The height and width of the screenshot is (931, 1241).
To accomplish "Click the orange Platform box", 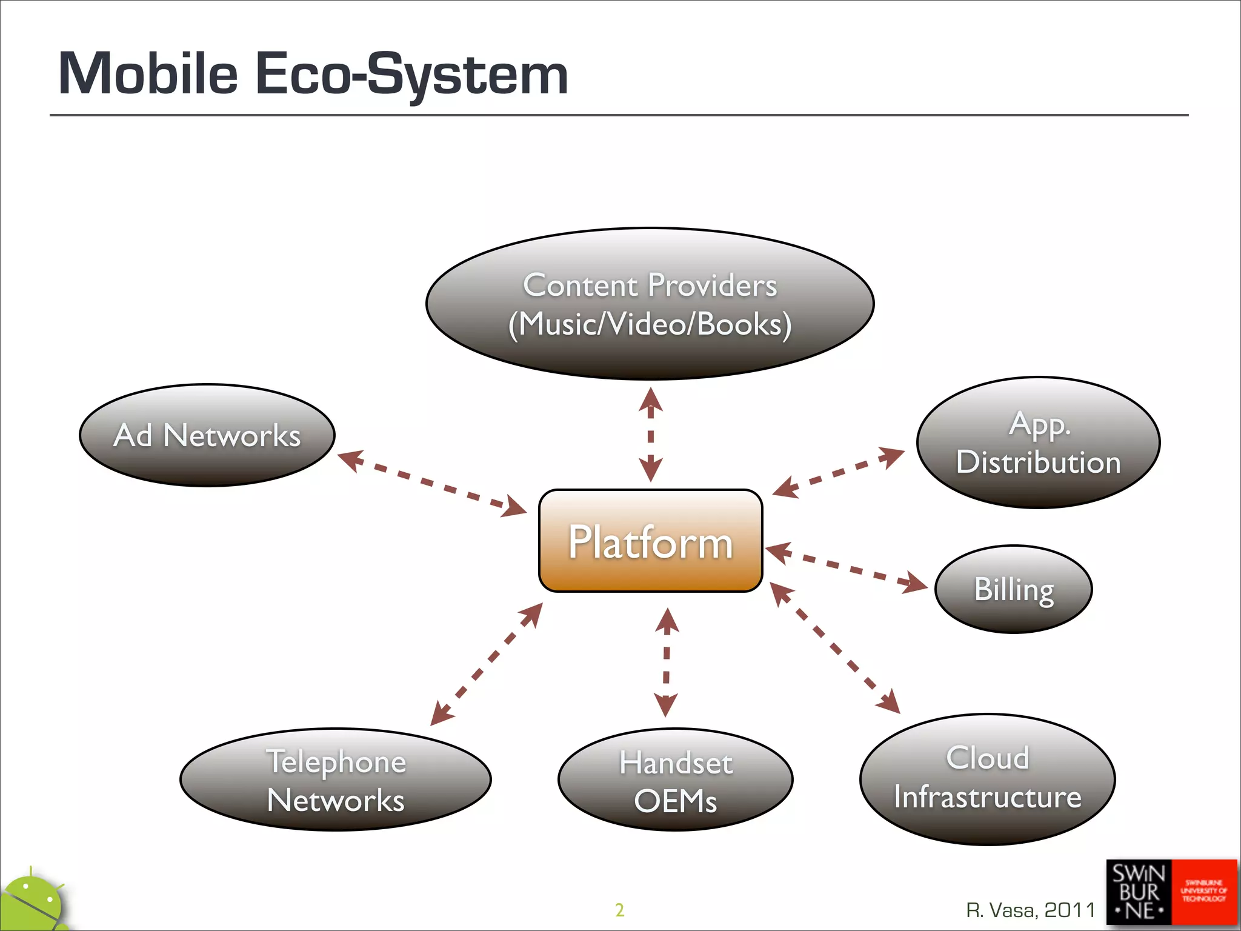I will [650, 541].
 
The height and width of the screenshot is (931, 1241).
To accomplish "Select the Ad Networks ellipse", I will [207, 435].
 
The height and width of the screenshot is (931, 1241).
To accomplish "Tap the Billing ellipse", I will [1014, 589].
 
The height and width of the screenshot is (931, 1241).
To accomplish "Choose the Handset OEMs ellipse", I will [675, 780].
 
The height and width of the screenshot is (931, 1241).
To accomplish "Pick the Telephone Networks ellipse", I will [336, 779].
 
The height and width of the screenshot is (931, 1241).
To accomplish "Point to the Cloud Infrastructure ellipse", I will [987, 779].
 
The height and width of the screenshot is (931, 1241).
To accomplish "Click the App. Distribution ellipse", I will [1038, 442].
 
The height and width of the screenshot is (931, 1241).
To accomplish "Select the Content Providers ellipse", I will [650, 304].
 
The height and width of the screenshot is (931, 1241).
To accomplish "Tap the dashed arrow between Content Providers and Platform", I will [650, 435].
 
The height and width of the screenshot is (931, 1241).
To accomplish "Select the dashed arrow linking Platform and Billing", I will [847, 567].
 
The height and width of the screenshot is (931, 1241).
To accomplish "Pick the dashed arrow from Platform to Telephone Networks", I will [486, 664].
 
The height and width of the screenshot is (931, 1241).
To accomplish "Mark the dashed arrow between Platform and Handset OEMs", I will [667, 662].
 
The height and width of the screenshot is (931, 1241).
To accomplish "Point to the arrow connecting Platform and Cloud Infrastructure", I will [835, 648].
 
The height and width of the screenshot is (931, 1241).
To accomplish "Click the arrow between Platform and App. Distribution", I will [838, 472].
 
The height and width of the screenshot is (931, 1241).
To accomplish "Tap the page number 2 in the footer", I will [619, 910].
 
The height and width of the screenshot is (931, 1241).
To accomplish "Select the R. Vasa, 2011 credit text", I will [1030, 910].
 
